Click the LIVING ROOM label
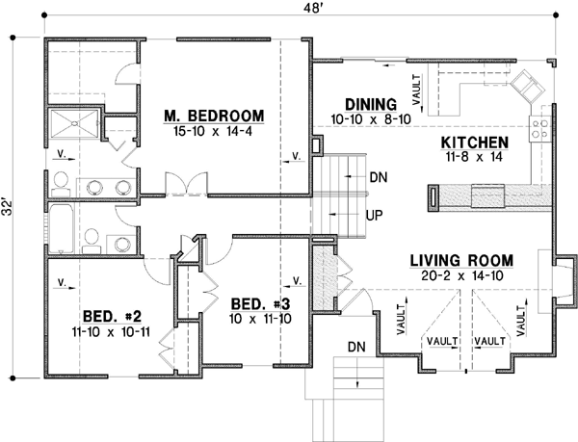click(460, 260)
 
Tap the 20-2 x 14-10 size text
click(460, 275)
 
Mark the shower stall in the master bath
click(74, 124)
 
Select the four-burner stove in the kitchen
click(538, 126)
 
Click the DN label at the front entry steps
click(355, 345)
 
